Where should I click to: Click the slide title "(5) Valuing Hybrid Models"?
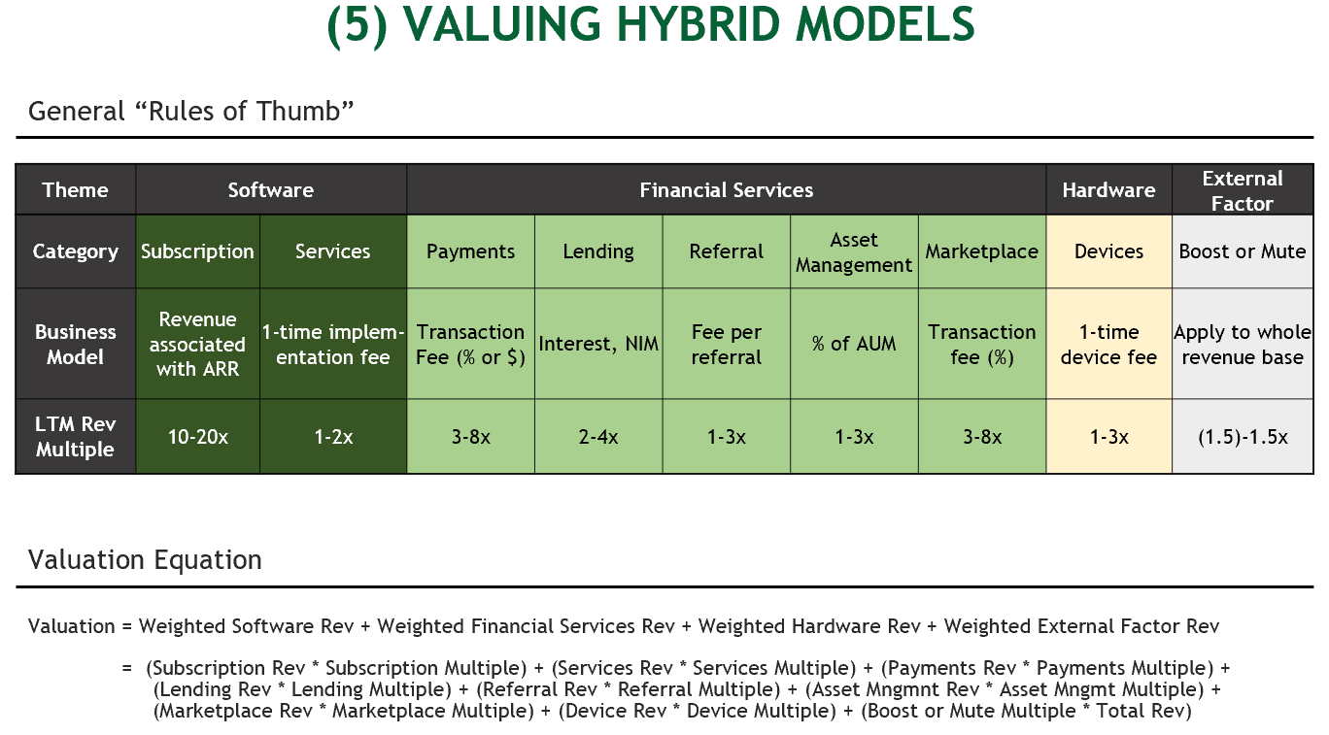tap(651, 26)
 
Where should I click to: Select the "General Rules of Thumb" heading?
tap(190, 111)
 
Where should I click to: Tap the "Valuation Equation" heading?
tap(145, 560)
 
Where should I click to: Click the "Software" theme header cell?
tap(270, 190)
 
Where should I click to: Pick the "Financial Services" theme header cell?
tap(726, 190)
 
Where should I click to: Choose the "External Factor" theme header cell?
tap(1242, 190)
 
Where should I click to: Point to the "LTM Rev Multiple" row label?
tap(75, 437)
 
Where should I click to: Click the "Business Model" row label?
tap(75, 344)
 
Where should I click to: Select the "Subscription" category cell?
tap(197, 251)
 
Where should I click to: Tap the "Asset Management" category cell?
tap(854, 251)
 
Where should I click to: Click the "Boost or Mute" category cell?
tap(1242, 251)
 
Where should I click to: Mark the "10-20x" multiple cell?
tap(197, 437)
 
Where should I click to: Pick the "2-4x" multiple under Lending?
tap(598, 437)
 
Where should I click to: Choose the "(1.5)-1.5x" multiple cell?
tap(1242, 437)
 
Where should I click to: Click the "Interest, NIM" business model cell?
tap(598, 344)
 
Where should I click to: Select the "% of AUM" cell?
tap(854, 344)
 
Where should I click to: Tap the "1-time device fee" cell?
tap(1108, 344)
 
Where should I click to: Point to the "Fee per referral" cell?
tap(726, 344)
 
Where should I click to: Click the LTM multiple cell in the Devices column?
tap(1108, 437)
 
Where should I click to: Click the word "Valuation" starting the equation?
tap(71, 626)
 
